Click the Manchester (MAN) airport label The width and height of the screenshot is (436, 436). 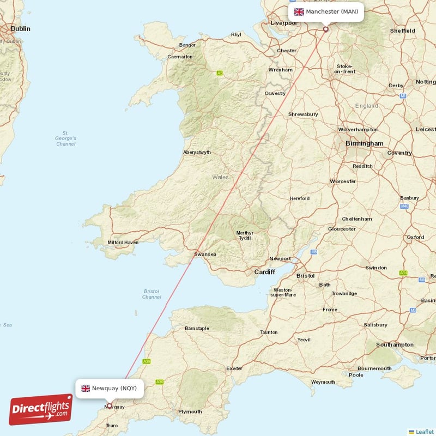click(x=326, y=12)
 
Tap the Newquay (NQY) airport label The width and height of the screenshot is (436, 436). click(x=110, y=389)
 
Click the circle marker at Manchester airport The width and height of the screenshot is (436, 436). click(x=326, y=29)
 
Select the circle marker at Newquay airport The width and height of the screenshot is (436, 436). click(x=110, y=405)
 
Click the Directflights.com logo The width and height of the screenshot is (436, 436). click(x=41, y=410)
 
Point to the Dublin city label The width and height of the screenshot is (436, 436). click(x=20, y=28)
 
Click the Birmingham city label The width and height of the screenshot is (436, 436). click(x=364, y=143)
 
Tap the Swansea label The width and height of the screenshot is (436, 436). click(x=205, y=254)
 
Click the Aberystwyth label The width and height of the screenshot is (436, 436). click(x=197, y=153)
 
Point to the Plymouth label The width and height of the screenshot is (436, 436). click(x=190, y=411)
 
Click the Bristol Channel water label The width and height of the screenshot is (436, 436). click(x=152, y=294)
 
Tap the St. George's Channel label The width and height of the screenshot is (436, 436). click(x=65, y=138)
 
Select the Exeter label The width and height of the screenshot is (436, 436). click(x=234, y=368)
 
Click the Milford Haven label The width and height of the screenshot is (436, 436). click(x=123, y=243)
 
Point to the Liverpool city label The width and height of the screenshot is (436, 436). click(x=283, y=23)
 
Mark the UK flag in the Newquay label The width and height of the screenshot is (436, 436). click(x=86, y=389)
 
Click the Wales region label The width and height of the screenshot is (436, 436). click(x=220, y=177)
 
